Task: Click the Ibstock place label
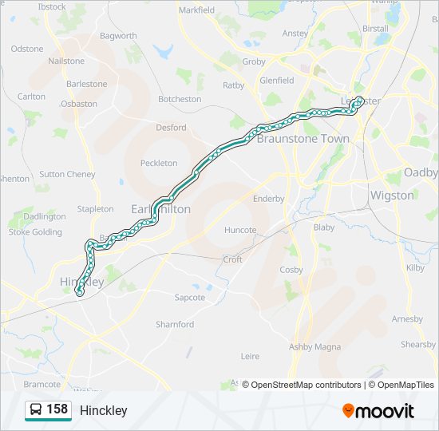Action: [x=52, y=6]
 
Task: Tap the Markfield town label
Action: [x=196, y=10]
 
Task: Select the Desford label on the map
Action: [x=171, y=127]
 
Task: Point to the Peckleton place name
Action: [x=159, y=163]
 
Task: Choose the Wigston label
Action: [x=392, y=195]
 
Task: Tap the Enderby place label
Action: [x=268, y=199]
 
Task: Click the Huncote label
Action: [x=240, y=230]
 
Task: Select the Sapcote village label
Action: [x=190, y=297]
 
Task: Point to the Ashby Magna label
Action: [x=314, y=346]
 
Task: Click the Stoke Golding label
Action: [x=35, y=232]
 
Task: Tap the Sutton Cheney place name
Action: [x=67, y=174]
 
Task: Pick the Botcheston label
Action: [x=180, y=99]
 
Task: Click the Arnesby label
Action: [x=407, y=318]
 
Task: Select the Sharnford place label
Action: [x=175, y=324]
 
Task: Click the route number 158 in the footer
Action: [x=57, y=409]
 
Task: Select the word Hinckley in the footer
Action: [x=104, y=410]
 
